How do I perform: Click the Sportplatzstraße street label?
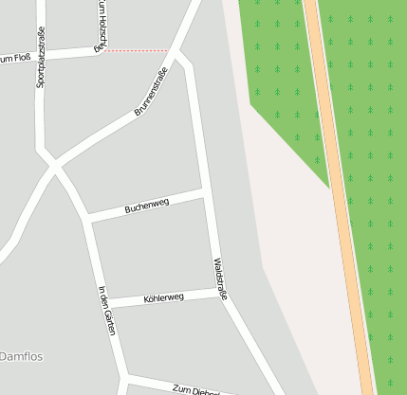(41, 59)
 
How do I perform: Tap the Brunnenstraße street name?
(151, 93)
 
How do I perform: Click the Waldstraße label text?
(220, 278)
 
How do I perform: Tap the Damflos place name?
(21, 356)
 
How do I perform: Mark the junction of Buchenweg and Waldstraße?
(205, 191)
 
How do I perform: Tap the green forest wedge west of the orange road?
(285, 76)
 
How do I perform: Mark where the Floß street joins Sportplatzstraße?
(41, 56)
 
